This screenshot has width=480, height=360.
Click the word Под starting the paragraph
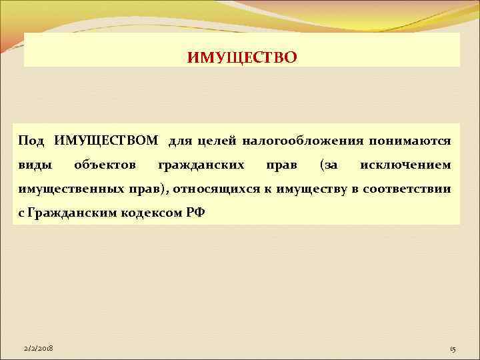pyautogui.click(x=31, y=141)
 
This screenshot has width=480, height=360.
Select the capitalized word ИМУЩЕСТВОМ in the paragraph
pyautogui.click(x=106, y=141)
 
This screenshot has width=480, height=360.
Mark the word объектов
pyautogui.click(x=106, y=165)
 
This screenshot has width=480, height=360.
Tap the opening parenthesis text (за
pyautogui.click(x=329, y=165)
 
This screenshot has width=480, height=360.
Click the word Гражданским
pyautogui.click(x=65, y=213)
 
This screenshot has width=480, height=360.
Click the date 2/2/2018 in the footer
pyautogui.click(x=39, y=349)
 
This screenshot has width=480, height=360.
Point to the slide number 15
pyautogui.click(x=453, y=349)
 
